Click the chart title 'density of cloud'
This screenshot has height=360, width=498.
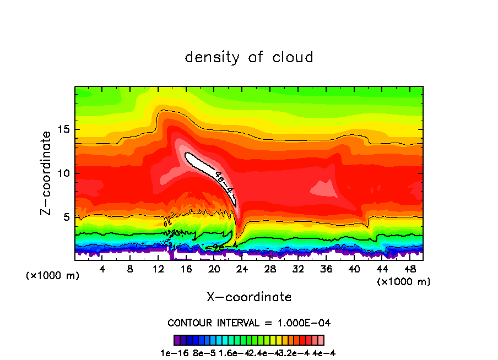249,57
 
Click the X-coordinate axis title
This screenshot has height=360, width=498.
249,297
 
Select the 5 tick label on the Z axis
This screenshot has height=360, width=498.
67,217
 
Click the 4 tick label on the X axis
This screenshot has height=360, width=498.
102,269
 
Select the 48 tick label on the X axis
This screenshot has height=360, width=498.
410,269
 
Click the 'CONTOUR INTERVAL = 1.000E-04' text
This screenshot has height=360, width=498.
249,323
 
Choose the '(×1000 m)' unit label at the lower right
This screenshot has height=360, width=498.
403,282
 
